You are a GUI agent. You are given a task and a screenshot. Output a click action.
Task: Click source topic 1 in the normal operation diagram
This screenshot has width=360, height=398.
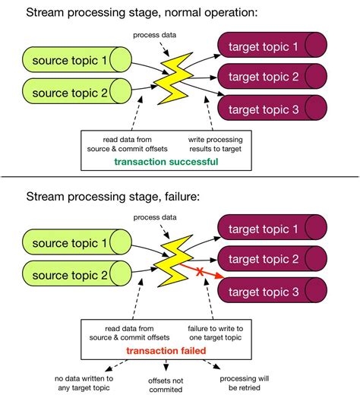coord(66,61)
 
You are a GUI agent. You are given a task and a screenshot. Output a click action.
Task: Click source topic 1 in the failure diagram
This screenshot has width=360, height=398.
coord(66,244)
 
